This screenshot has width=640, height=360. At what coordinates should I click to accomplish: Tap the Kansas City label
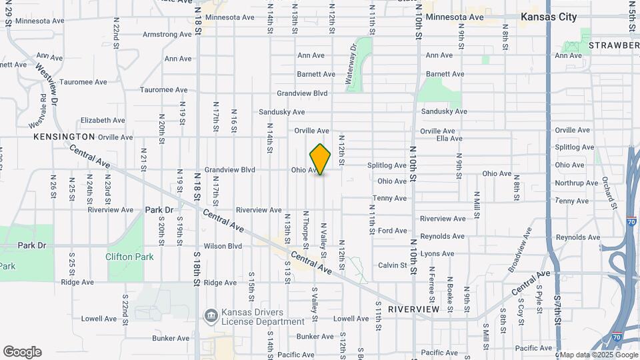coord(549,17)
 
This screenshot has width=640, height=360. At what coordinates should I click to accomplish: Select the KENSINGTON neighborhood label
coord(64,136)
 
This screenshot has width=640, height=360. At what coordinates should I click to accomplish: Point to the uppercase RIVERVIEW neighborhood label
coord(413,309)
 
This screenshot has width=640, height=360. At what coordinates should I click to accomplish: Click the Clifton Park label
coord(129,257)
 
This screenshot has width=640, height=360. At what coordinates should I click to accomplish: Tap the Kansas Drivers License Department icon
coord(211,315)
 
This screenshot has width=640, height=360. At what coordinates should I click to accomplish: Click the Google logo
coord(22,352)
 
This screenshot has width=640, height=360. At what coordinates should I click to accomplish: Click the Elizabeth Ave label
coord(102,121)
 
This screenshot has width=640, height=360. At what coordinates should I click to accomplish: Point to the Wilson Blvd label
coord(223,246)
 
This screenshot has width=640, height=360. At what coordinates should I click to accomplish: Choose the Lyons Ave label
coord(437,253)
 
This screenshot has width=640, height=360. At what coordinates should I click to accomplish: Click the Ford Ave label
coord(392,231)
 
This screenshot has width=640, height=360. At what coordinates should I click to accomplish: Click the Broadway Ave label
coord(519,249)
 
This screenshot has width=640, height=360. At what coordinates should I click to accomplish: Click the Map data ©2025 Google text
coord(599,355)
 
